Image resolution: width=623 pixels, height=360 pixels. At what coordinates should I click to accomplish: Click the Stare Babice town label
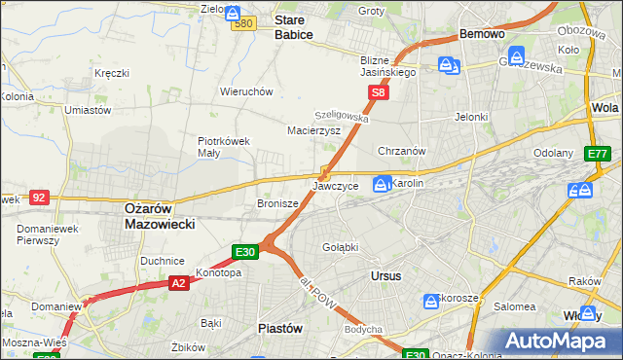point(293,26)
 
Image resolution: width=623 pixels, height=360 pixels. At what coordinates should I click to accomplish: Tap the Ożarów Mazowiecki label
point(161,216)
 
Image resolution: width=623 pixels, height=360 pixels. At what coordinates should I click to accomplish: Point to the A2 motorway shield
point(178,283)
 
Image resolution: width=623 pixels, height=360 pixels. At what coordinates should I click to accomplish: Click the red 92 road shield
point(39,197)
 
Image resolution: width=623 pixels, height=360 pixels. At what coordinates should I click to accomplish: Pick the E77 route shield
point(598,154)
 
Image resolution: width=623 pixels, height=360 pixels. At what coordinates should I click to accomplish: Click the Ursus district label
point(386,276)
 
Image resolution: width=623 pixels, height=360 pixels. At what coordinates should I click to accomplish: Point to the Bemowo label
point(482,34)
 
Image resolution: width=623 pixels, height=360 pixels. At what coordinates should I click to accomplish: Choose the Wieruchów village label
point(246,91)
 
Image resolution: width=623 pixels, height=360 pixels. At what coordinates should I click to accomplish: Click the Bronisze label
point(275,204)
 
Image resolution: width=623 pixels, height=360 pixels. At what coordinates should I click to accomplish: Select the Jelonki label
point(470,117)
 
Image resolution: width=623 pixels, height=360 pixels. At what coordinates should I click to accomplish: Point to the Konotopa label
point(218,273)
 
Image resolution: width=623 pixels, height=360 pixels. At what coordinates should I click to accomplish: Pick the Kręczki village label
point(112,73)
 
